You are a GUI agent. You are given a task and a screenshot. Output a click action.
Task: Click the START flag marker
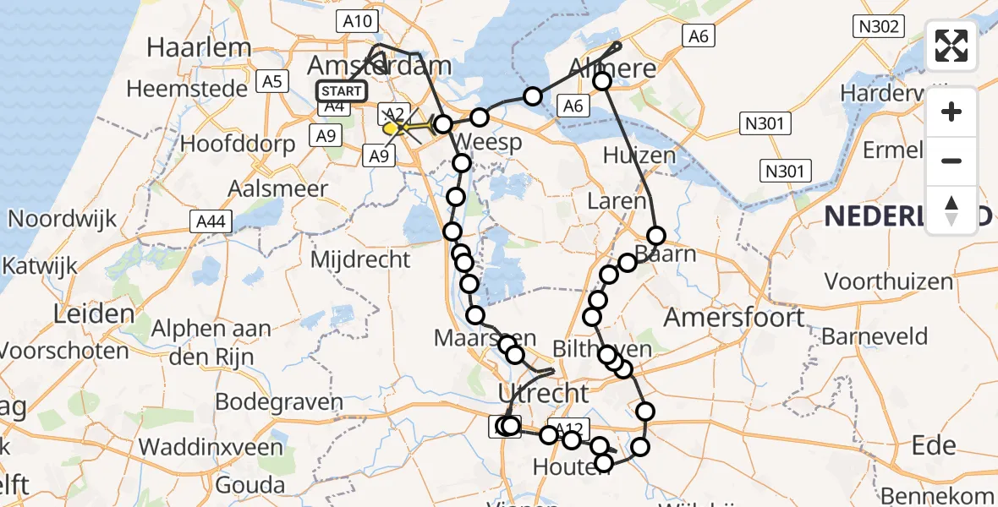(342, 91)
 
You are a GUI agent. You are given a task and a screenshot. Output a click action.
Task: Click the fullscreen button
(951, 46)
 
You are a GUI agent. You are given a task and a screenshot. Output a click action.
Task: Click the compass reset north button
(951, 209)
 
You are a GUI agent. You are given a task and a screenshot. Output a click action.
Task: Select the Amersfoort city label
(734, 318)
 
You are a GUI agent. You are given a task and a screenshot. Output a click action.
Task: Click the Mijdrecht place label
(360, 259)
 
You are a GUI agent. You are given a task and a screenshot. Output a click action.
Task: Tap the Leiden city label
(94, 314)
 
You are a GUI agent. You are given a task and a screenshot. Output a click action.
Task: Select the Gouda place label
(249, 485)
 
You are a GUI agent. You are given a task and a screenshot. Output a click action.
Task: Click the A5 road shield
(271, 82)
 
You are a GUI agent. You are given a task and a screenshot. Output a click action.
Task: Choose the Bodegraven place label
(279, 401)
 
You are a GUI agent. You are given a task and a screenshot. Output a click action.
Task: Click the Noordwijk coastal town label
(62, 219)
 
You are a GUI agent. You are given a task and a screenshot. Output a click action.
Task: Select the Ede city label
(934, 445)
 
